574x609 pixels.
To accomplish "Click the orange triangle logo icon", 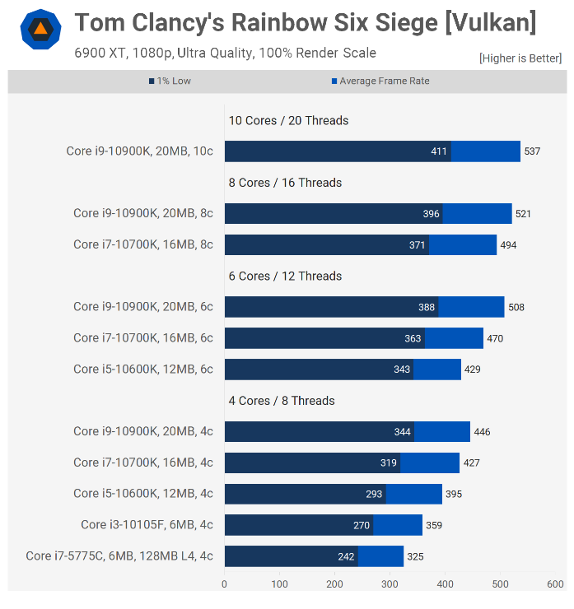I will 40,30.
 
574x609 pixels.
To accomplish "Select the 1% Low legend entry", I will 170,81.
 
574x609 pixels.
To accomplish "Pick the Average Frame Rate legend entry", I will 380,81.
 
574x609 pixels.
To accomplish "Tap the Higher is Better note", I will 520,58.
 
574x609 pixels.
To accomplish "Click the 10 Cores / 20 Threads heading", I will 288,120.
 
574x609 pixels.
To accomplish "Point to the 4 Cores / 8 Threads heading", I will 282,401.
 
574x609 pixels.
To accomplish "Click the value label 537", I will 532,151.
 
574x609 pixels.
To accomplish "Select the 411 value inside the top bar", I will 439,151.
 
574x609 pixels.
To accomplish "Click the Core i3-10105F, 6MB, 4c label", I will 147,525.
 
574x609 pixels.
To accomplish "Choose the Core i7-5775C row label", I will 119,556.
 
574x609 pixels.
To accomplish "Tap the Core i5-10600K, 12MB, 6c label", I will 142,370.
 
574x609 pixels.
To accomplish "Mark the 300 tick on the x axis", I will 390,584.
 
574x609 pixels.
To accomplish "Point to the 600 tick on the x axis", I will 555,584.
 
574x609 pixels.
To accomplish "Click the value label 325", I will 415,556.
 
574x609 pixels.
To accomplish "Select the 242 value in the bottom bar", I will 346,556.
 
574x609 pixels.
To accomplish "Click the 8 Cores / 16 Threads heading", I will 285,183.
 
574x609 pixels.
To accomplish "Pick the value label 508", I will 516,307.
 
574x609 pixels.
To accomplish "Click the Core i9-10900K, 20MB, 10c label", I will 139,151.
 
